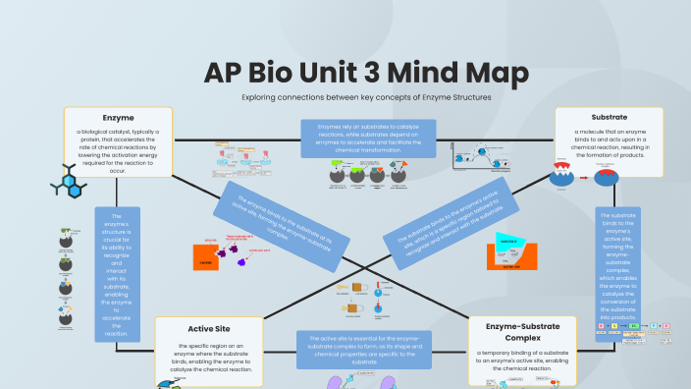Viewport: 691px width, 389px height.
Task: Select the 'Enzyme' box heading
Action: tap(118, 117)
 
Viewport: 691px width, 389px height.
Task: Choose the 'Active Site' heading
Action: tap(208, 328)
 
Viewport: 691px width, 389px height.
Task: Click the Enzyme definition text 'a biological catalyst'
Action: tap(118, 150)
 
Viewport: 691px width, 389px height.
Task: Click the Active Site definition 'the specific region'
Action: tap(208, 358)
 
